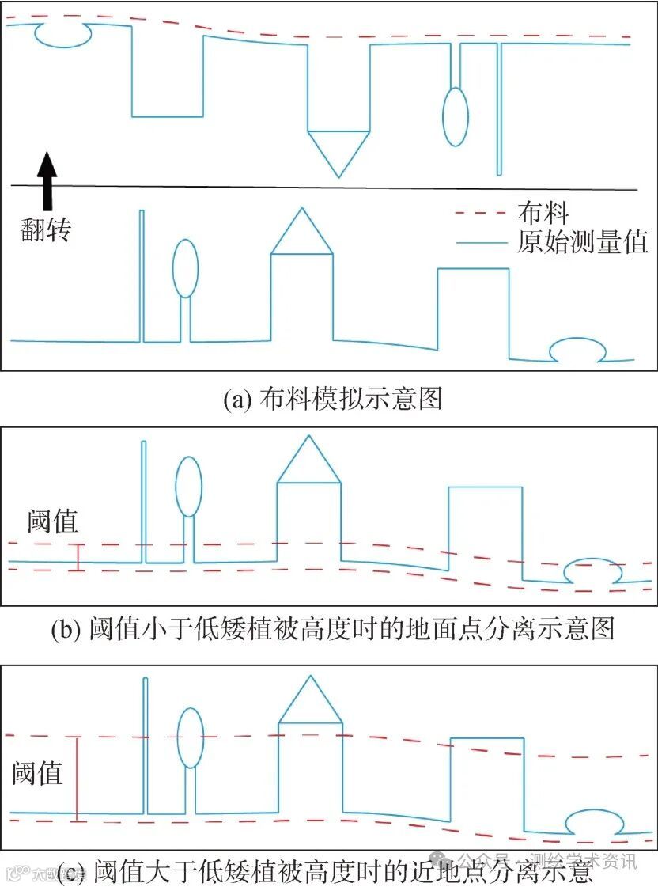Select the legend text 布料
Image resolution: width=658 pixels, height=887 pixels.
coord(543,212)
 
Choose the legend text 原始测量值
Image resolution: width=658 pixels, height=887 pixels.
coord(583,241)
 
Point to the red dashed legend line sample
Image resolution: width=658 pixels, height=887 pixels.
coord(480,213)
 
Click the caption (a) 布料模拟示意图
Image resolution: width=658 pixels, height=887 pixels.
coord(332,399)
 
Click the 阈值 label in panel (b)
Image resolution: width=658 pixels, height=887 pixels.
coord(52,522)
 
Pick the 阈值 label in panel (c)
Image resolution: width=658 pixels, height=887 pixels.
coord(37,772)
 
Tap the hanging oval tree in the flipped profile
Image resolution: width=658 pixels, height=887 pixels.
coord(455,117)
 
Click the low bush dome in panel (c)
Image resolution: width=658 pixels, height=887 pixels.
coord(592,822)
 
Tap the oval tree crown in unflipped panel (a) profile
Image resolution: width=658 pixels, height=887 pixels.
coord(184,268)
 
